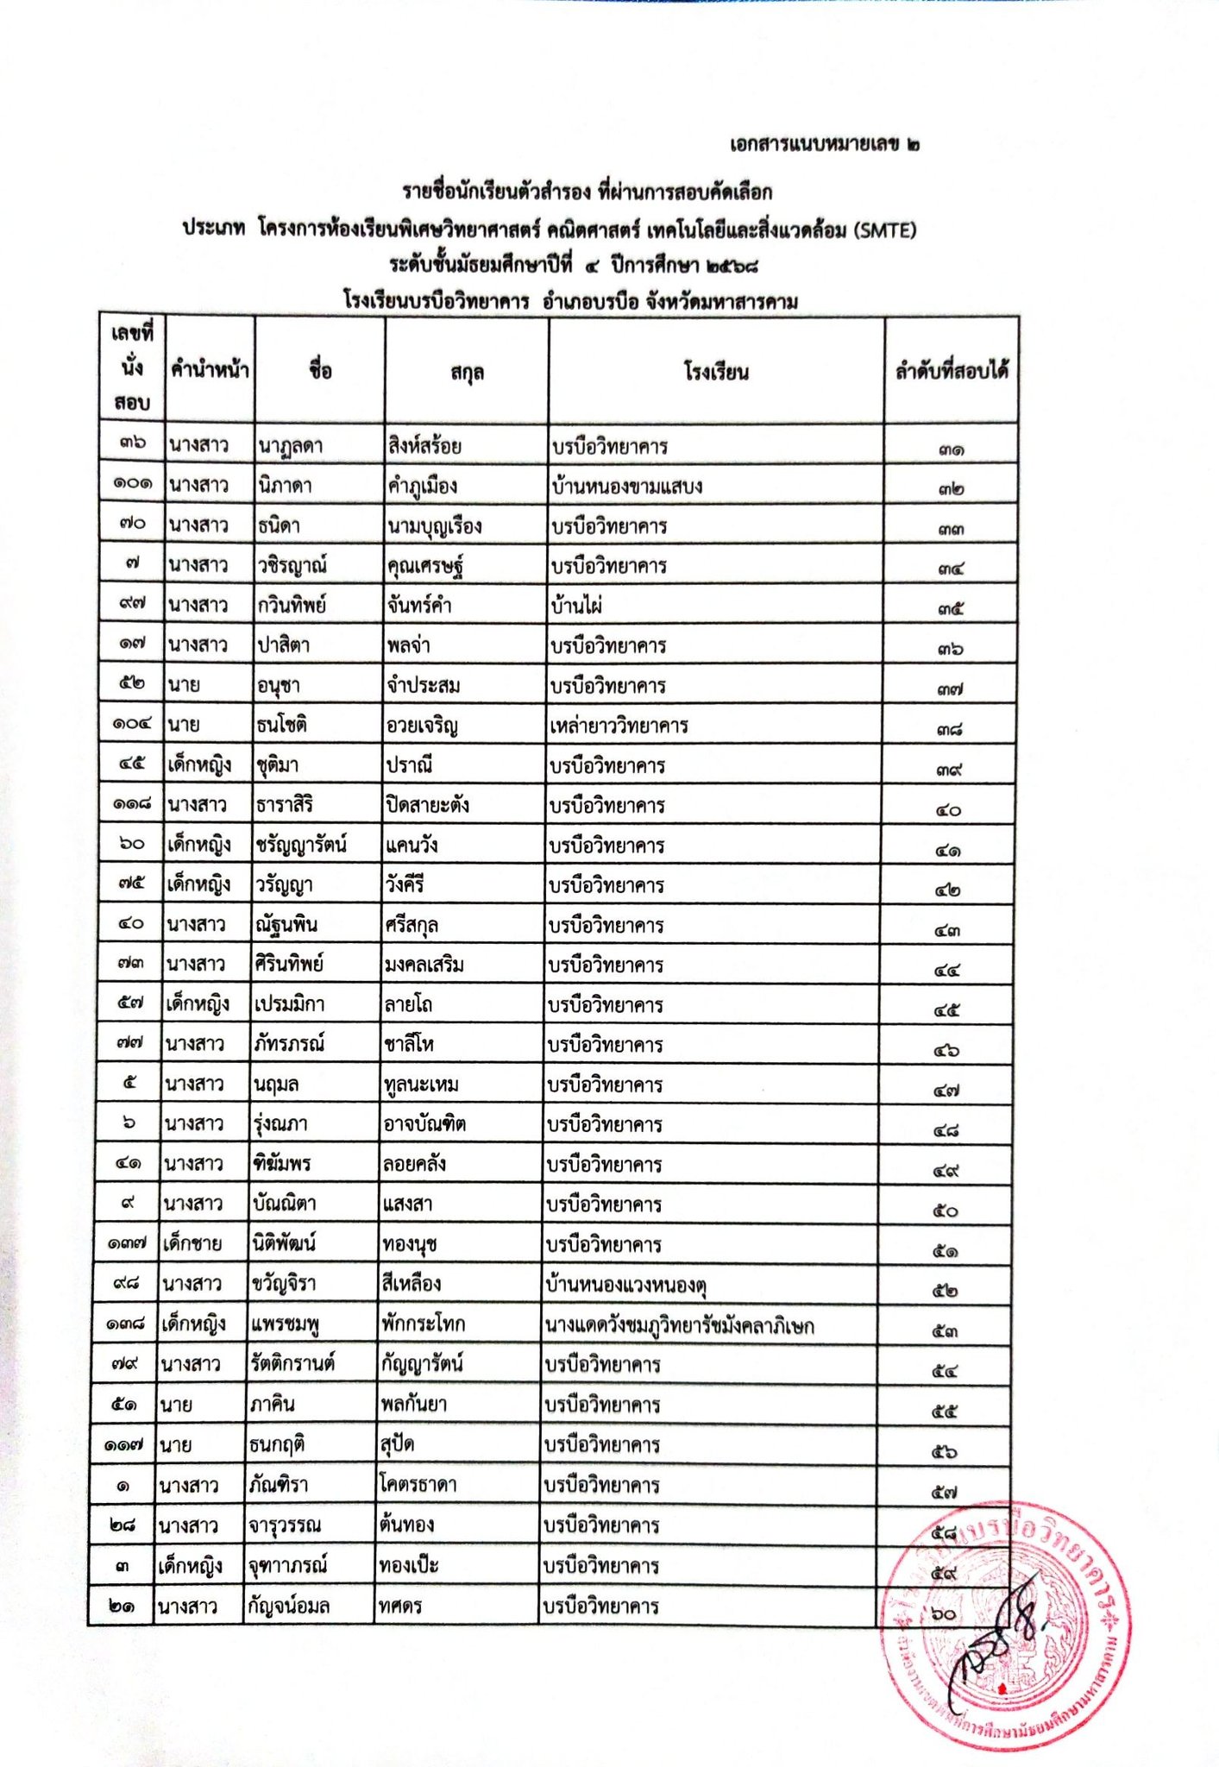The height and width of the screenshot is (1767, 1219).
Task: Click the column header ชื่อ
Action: point(319,371)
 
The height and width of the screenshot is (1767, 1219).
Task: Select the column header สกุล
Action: point(467,373)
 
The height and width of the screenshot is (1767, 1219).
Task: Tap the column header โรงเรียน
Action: point(716,373)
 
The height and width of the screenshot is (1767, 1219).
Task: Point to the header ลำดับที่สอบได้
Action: point(952,372)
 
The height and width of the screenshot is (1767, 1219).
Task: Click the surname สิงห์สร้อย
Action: point(424,446)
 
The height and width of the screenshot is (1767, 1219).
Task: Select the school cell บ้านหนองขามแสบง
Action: point(627,486)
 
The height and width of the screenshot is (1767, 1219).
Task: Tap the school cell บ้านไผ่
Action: point(576,606)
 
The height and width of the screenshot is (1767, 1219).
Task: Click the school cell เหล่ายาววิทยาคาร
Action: point(619,725)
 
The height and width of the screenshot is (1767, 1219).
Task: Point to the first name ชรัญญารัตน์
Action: point(301,845)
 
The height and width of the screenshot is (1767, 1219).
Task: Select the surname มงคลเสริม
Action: point(424,964)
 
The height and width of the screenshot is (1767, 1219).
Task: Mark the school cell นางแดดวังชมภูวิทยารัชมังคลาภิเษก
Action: point(680,1324)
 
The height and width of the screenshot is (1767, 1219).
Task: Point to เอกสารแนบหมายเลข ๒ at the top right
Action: point(824,144)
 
